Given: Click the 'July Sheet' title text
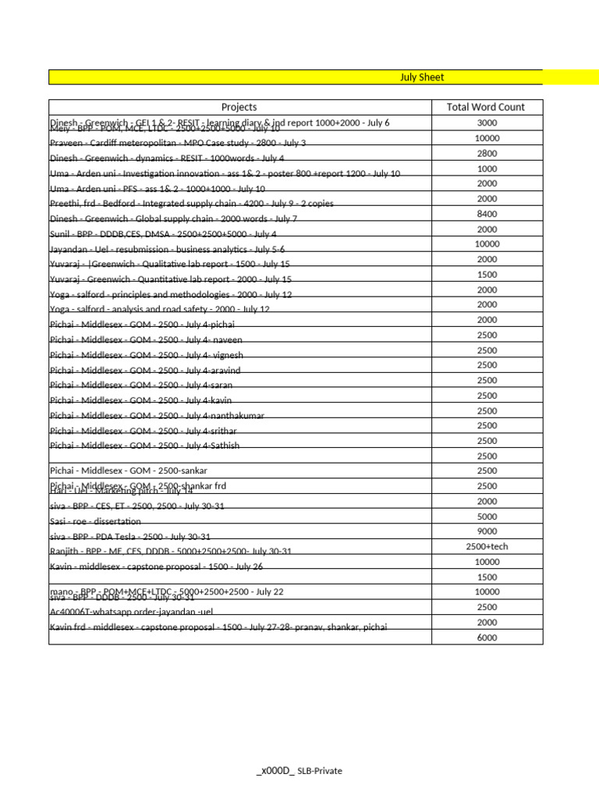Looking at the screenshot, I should pyautogui.click(x=422, y=77).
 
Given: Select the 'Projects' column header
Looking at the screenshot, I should pyautogui.click(x=239, y=107).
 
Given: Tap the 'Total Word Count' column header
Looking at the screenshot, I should pyautogui.click(x=486, y=107).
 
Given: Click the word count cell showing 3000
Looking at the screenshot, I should pyautogui.click(x=486, y=123).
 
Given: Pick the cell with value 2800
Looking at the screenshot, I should pyautogui.click(x=486, y=154).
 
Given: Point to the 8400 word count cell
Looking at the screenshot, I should pyautogui.click(x=486, y=214).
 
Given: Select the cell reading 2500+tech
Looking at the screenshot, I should pyautogui.click(x=486, y=546).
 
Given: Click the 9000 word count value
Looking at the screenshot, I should pyautogui.click(x=486, y=531).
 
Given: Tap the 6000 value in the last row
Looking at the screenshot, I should pyautogui.click(x=486, y=637).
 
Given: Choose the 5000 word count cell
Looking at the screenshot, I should pyautogui.click(x=486, y=517).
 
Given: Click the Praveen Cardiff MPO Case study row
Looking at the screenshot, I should pyautogui.click(x=178, y=144).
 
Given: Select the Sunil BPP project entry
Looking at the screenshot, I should pyautogui.click(x=163, y=234).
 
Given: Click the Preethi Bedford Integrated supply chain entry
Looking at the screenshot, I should pyautogui.click(x=191, y=204).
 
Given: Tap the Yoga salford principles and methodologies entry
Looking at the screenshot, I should pyautogui.click(x=170, y=295).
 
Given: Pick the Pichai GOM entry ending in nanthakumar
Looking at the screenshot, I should pyautogui.click(x=157, y=416).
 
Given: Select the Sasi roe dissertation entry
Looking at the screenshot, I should pyautogui.click(x=95, y=521).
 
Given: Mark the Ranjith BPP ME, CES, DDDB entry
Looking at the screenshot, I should pyautogui.click(x=170, y=552).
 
